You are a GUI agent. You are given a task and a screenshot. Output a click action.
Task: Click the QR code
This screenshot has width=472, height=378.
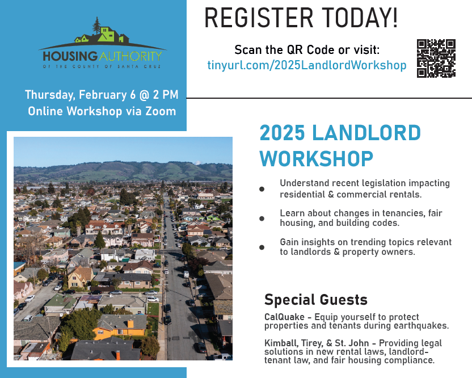click(x=436, y=58)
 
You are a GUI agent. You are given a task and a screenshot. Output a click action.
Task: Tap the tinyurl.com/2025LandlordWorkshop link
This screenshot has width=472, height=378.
click(x=307, y=65)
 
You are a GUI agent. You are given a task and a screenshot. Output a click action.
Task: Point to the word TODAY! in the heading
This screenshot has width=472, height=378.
click(x=360, y=18)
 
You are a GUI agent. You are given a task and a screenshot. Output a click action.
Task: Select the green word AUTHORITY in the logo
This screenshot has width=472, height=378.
click(x=130, y=56)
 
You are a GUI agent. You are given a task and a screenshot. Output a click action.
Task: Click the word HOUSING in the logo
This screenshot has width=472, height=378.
click(x=70, y=56)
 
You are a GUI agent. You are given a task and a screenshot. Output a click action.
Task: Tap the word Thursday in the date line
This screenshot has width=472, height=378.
click(x=50, y=95)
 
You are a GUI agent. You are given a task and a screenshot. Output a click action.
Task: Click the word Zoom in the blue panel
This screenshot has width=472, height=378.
click(x=161, y=111)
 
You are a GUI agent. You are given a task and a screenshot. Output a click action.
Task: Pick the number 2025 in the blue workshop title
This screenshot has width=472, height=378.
click(x=283, y=133)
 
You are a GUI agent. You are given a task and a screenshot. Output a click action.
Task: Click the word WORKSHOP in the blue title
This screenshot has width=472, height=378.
click(x=317, y=159)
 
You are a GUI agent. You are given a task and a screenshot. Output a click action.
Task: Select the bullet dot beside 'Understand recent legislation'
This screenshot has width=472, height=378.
click(x=262, y=189)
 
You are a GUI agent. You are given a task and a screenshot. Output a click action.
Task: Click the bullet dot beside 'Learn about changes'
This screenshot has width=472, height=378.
click(x=262, y=219)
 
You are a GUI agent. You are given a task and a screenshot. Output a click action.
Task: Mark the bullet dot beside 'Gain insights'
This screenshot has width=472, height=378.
click(x=262, y=247)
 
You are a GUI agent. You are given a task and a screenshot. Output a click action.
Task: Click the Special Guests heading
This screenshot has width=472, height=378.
click(x=316, y=300)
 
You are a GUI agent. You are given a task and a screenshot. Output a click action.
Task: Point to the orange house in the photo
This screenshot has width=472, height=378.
click(x=120, y=328)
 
